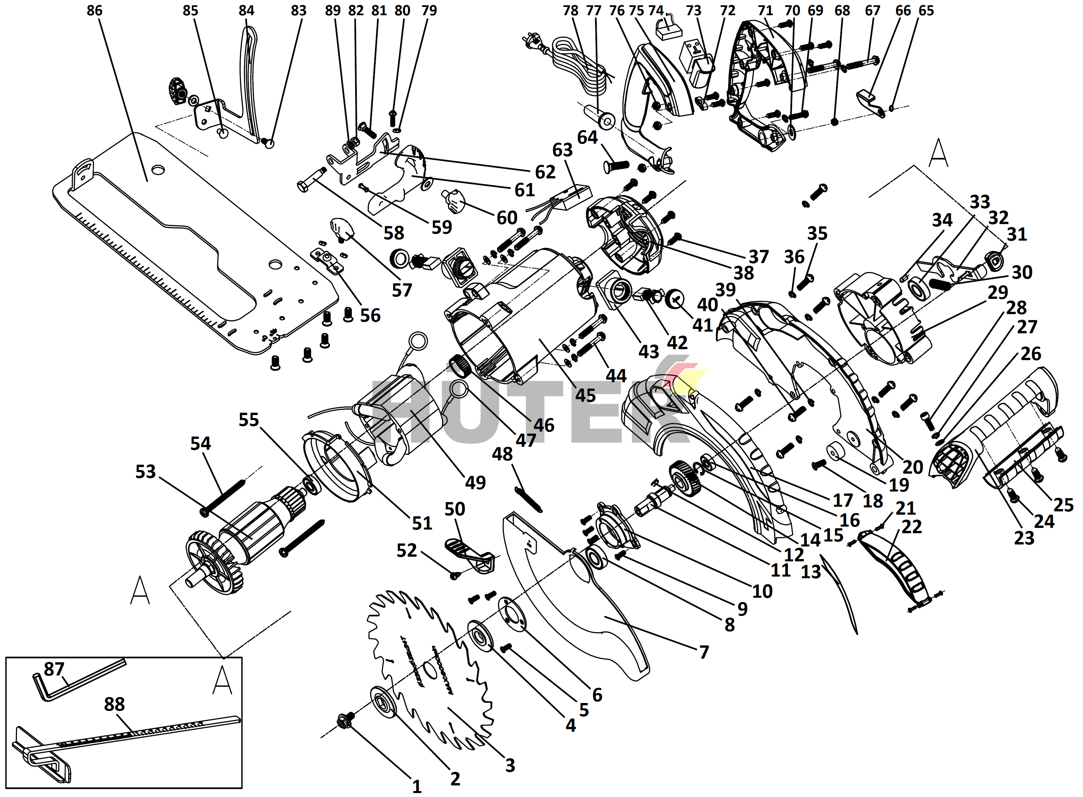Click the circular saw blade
(x=429, y=671)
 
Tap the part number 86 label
(x=95, y=11)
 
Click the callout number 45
(x=585, y=396)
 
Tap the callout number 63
(x=562, y=151)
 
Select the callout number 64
(x=588, y=138)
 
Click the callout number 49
(x=475, y=483)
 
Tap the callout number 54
(x=201, y=444)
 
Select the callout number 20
(x=913, y=467)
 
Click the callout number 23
(x=1024, y=538)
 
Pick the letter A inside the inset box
(x=222, y=680)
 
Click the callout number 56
(x=370, y=315)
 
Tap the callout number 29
(x=998, y=292)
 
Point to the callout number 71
(x=765, y=11)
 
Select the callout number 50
(x=454, y=509)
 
